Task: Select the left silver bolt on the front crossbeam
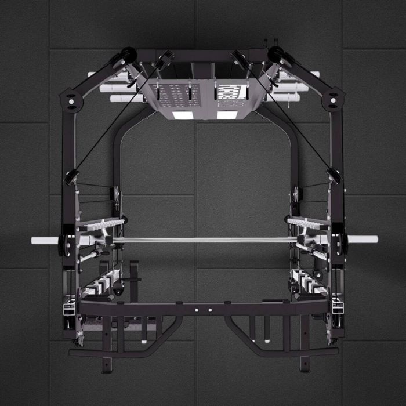[x=197, y=310]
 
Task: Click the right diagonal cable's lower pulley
[x=333, y=176]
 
